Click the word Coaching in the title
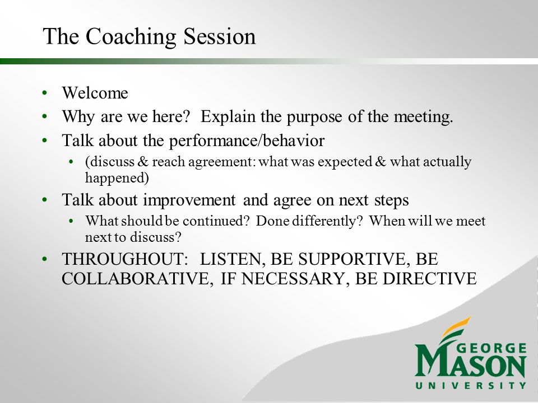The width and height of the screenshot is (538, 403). pos(131,37)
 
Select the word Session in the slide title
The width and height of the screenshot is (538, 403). pos(220,36)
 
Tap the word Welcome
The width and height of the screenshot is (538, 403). pos(95,93)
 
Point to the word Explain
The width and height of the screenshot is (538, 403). pos(228,117)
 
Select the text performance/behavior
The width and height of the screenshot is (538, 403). pos(247,141)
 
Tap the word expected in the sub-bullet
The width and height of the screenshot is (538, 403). pos(345,162)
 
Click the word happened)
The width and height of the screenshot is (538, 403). pos(117,178)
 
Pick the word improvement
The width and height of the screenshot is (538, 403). pos(189,200)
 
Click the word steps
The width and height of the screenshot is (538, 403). pos(392,200)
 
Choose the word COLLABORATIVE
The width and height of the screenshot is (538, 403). pos(136,279)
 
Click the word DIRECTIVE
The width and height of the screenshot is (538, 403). pos(430,279)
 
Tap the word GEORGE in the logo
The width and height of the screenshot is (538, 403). pos(491,349)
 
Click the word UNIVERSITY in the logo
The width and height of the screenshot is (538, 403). pos(470,386)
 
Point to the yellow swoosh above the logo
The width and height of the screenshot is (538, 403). pos(456,326)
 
